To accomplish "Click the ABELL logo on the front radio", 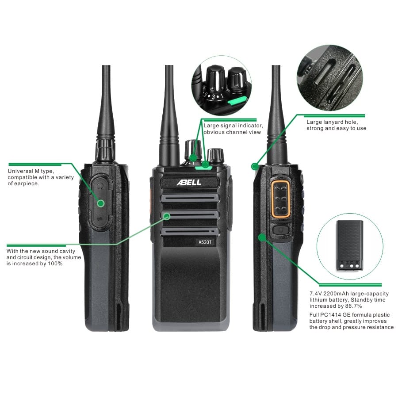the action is [189, 182].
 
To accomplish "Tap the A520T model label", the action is [205, 242].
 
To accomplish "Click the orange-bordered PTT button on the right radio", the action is [280, 199].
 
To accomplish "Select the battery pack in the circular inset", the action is [350, 245].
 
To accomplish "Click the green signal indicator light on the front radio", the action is [203, 167].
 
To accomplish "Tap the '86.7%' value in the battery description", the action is [353, 306].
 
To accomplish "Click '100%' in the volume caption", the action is [55, 264].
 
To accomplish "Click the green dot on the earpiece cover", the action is [101, 203].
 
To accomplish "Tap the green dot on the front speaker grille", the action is [167, 216].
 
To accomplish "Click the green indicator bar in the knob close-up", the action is [237, 100].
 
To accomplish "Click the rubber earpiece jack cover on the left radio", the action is [100, 202].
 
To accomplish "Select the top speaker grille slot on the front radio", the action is [190, 198].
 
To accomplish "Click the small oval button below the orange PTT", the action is [281, 230].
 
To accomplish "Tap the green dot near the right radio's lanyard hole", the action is [255, 167].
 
